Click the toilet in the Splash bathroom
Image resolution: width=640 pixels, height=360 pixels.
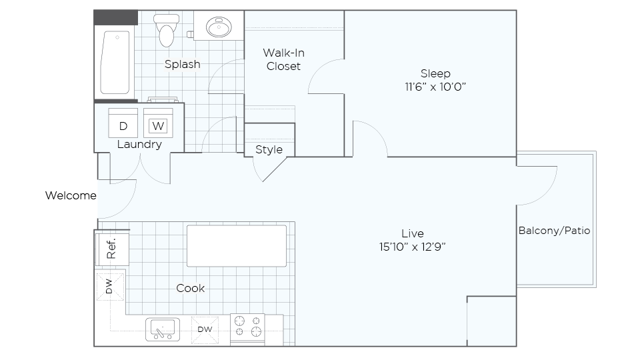[166, 30]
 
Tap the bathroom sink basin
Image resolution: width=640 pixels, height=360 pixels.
[219, 27]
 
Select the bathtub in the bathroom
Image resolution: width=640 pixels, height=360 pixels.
[115, 63]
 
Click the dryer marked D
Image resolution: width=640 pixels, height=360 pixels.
[123, 123]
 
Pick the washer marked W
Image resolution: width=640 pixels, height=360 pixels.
[158, 123]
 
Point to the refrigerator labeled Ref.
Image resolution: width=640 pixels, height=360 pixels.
[112, 248]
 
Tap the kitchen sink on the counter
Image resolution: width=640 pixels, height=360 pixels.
[163, 329]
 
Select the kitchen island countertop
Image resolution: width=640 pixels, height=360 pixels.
[237, 246]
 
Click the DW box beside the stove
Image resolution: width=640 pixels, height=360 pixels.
[205, 329]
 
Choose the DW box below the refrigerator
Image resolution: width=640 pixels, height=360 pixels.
[110, 286]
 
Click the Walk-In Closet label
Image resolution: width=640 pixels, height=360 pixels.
[284, 59]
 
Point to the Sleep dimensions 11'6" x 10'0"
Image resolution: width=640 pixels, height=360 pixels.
[435, 87]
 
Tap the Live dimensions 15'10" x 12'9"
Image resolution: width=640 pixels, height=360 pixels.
[412, 247]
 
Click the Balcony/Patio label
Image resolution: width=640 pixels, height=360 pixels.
[554, 231]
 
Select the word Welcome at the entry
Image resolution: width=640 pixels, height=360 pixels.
[71, 195]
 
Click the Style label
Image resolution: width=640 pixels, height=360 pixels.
[269, 150]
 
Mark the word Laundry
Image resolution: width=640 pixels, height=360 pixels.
[139, 145]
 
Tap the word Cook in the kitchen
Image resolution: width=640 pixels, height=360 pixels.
[190, 288]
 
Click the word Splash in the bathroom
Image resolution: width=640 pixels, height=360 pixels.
[183, 65]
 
